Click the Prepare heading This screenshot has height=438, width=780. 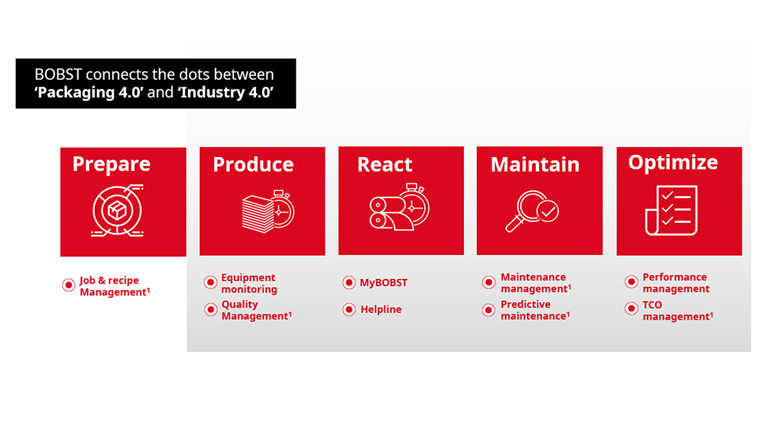(x=112, y=165)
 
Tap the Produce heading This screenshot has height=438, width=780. (x=253, y=165)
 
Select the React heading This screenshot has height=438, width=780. (x=385, y=165)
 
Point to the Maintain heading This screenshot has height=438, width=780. (x=535, y=165)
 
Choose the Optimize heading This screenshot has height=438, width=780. (x=673, y=163)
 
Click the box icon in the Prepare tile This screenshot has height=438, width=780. (x=118, y=210)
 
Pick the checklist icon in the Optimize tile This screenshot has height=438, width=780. (x=672, y=210)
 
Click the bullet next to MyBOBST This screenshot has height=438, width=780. (x=349, y=283)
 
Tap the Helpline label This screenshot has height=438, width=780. (x=381, y=310)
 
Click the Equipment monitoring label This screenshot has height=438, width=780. (x=249, y=284)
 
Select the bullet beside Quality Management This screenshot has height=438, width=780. (x=211, y=310)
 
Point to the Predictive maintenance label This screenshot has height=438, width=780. (x=535, y=310)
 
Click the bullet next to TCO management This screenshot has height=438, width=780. (x=632, y=308)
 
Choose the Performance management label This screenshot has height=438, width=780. (x=676, y=283)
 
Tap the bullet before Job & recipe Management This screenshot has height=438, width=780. (x=68, y=285)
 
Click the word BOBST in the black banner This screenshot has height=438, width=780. (x=57, y=74)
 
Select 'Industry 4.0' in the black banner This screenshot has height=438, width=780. (x=226, y=92)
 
